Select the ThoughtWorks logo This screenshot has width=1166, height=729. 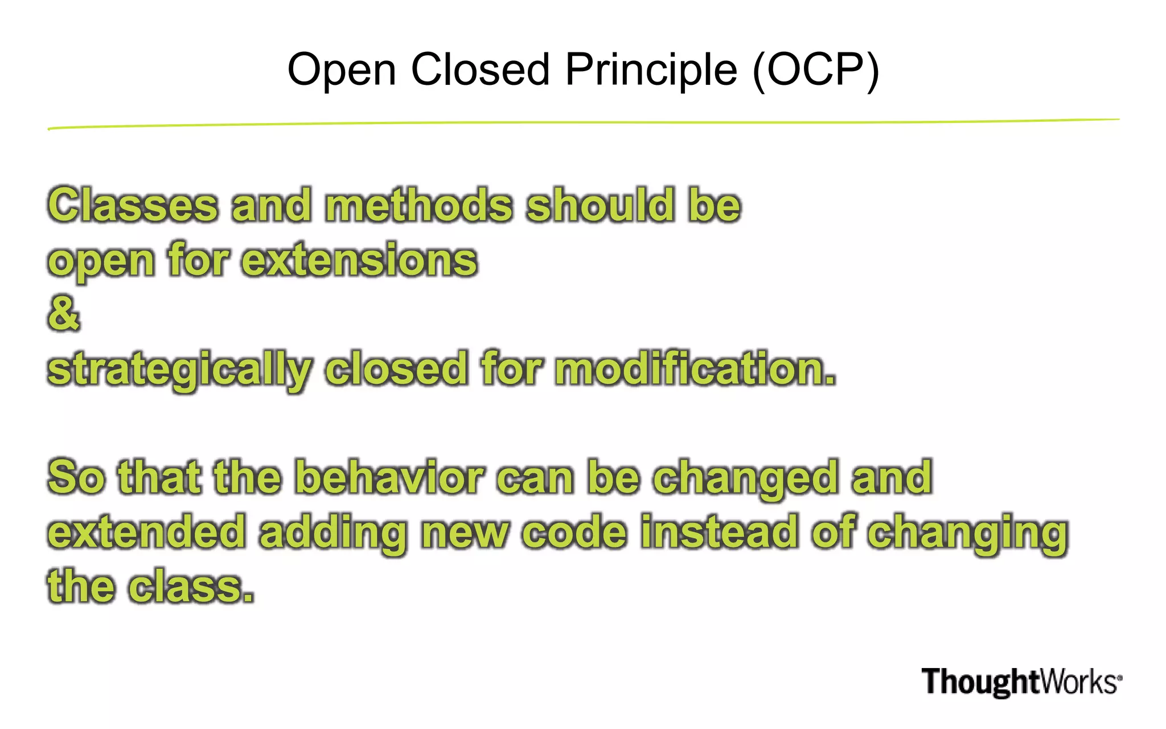(1021, 682)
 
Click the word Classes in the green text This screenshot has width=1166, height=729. (133, 205)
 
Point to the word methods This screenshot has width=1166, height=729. (419, 205)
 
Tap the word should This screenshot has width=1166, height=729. (600, 205)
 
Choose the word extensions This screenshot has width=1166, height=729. (359, 260)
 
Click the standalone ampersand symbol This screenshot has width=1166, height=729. (63, 313)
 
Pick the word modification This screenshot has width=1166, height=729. (695, 369)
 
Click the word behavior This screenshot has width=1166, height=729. (389, 477)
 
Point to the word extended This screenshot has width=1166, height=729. (147, 532)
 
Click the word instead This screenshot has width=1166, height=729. (719, 532)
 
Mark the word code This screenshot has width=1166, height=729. (574, 532)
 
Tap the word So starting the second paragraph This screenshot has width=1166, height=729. (76, 477)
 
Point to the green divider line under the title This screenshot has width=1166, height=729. (583, 123)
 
